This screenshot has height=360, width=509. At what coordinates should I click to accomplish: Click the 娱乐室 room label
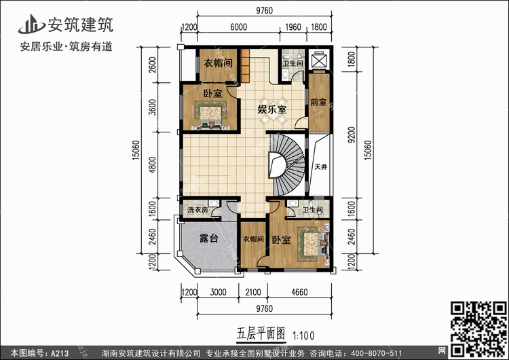tap(272, 109)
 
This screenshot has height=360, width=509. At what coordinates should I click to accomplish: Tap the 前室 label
tap(318, 102)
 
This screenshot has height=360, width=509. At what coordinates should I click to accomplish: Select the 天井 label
tap(321, 166)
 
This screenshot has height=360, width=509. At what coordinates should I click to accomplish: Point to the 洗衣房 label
tap(197, 210)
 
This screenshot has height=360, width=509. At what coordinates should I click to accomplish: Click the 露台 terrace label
tap(209, 238)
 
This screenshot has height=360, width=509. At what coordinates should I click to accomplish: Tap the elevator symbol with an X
tap(318, 60)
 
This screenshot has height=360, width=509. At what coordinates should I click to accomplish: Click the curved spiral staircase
tap(286, 165)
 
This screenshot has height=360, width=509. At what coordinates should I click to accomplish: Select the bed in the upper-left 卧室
tap(210, 114)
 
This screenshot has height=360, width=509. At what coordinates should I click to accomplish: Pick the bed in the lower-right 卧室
tap(313, 244)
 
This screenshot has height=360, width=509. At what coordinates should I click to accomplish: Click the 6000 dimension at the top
tap(239, 27)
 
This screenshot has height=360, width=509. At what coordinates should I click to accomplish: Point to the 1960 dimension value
tap(293, 27)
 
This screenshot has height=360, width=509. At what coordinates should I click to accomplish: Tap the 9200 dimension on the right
tap(352, 134)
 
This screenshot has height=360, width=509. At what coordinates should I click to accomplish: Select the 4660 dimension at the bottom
tap(299, 292)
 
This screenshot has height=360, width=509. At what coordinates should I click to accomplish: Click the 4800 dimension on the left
tap(152, 165)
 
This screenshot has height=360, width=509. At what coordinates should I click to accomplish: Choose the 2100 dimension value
tap(253, 292)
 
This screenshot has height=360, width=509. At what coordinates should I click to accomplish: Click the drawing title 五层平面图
tap(261, 334)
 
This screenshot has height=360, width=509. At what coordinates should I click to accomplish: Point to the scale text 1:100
tap(304, 336)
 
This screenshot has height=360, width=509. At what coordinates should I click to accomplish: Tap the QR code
tap(478, 329)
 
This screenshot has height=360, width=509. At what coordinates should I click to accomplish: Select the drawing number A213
tap(60, 353)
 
